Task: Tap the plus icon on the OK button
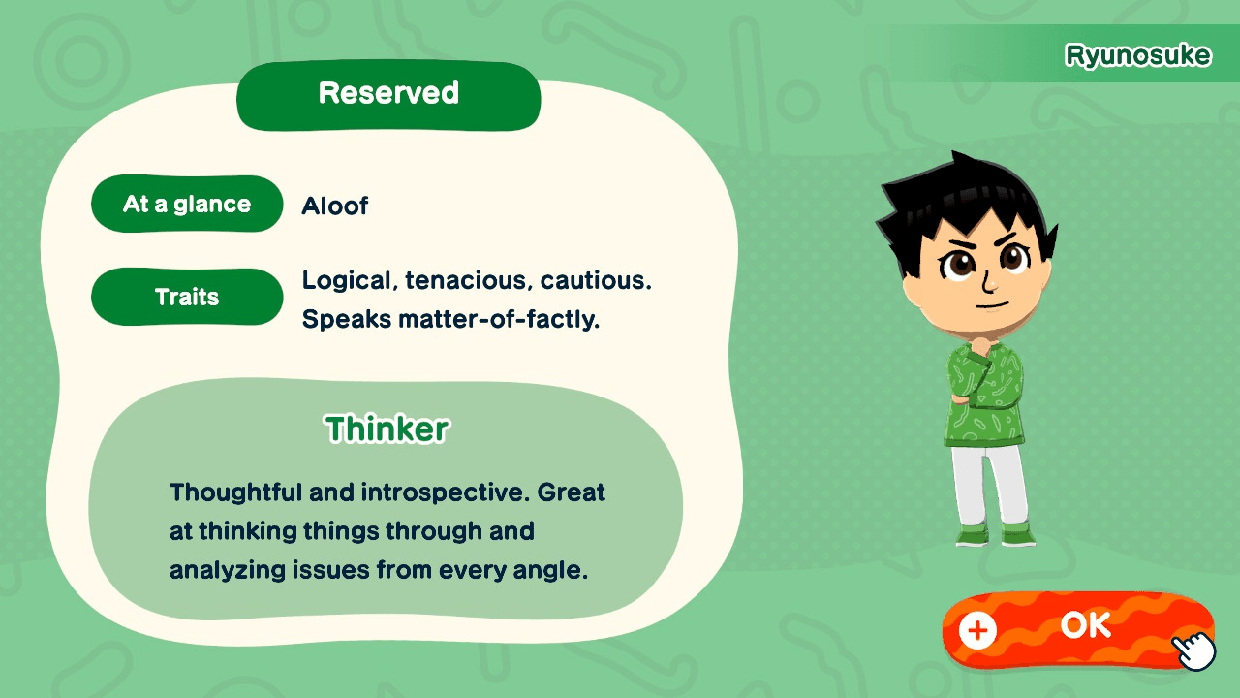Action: [x=977, y=631]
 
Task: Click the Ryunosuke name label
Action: [x=1137, y=55]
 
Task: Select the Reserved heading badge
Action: [x=388, y=94]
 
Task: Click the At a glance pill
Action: [x=187, y=205]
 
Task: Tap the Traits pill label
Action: [x=187, y=297]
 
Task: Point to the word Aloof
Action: [x=335, y=206]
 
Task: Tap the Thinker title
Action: [x=387, y=428]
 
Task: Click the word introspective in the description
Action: [x=444, y=492]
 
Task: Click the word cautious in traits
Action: [x=596, y=281]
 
